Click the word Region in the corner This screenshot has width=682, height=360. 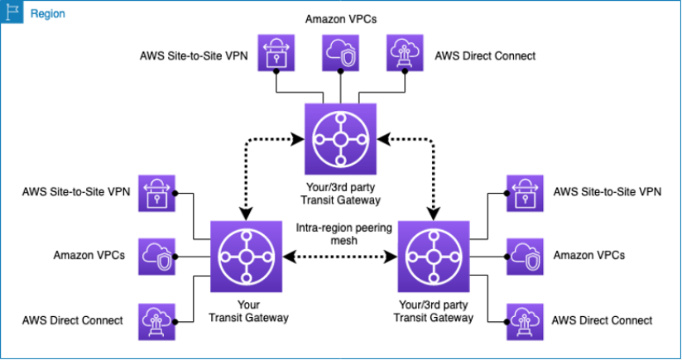click(x=48, y=14)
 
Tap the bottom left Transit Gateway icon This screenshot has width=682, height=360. click(x=246, y=257)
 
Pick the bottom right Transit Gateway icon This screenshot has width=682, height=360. click(x=434, y=257)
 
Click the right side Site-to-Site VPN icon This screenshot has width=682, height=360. click(x=524, y=193)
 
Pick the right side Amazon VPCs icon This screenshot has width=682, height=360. click(x=524, y=256)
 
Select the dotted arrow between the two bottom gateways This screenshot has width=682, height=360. click(x=339, y=257)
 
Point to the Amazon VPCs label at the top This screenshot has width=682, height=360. click(x=340, y=18)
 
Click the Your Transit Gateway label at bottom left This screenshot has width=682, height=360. click(x=246, y=310)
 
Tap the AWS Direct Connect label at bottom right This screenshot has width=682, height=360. click(x=602, y=320)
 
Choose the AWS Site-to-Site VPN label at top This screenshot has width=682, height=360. click(x=193, y=56)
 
